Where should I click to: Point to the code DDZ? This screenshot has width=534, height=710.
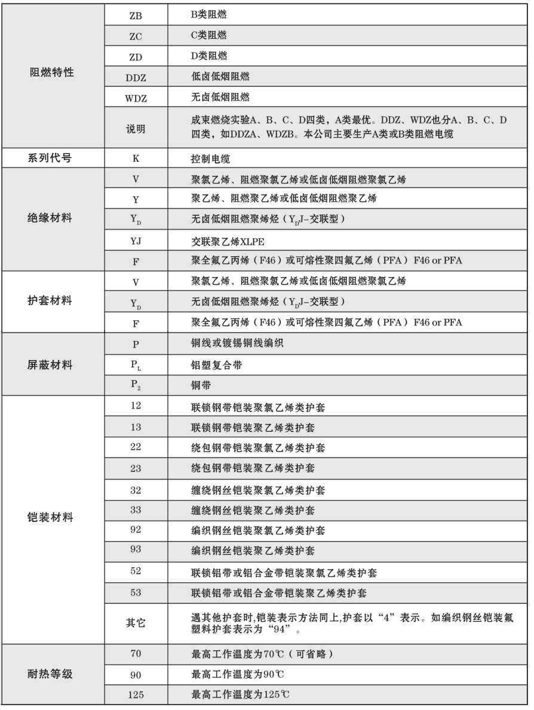[x=136, y=78]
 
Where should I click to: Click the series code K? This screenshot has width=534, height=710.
[x=136, y=160]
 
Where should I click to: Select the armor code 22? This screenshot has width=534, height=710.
[x=136, y=447]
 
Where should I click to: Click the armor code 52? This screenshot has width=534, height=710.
[x=136, y=571]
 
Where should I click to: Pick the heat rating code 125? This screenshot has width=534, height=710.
[x=136, y=694]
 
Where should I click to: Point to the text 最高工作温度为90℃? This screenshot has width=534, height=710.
[x=237, y=674]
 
